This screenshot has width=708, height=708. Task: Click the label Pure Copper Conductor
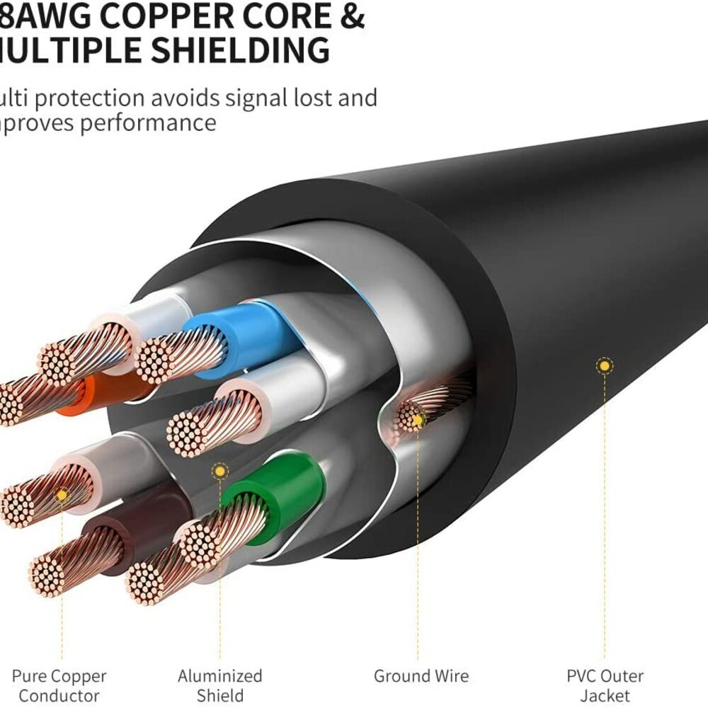pyautogui.click(x=59, y=685)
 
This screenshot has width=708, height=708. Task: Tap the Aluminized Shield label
pyautogui.click(x=220, y=685)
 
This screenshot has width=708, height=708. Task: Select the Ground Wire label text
pyautogui.click(x=421, y=676)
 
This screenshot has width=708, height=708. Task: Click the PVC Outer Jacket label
pyautogui.click(x=605, y=685)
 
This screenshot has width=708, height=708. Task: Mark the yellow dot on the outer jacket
pyautogui.click(x=604, y=366)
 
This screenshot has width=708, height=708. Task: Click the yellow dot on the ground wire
pyautogui.click(x=418, y=421)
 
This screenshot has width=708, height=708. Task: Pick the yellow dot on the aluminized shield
pyautogui.click(x=220, y=470)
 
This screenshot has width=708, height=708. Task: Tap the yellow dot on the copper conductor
pyautogui.click(x=62, y=495)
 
